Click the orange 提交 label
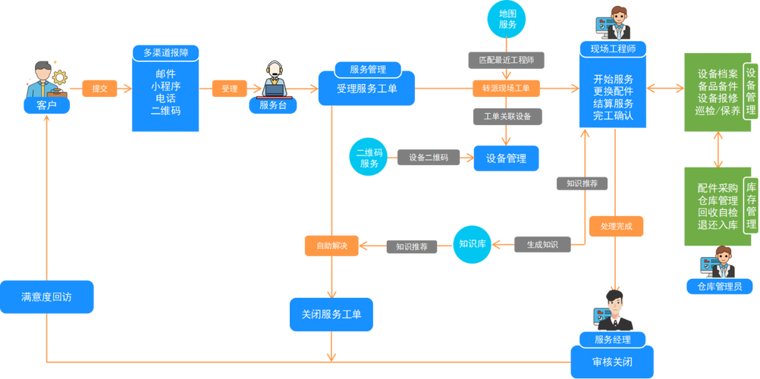coord(99,89)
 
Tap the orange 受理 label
coord(229,89)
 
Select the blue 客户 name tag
coord(46,105)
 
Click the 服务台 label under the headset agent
coord(273,105)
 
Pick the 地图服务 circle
coord(507,19)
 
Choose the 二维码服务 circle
coord(369,158)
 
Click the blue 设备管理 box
coord(506,158)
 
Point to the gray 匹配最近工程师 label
coord(506,60)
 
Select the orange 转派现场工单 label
coord(506,89)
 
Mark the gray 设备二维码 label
coord(429,158)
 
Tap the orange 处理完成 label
coord(616,226)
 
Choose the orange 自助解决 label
coord(331,246)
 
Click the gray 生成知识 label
coord(542,244)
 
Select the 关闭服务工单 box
coord(331,314)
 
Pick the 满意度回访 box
coord(46,297)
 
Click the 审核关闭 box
coord(612,361)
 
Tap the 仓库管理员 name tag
coord(719,287)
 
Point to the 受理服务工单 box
coord(376,89)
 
